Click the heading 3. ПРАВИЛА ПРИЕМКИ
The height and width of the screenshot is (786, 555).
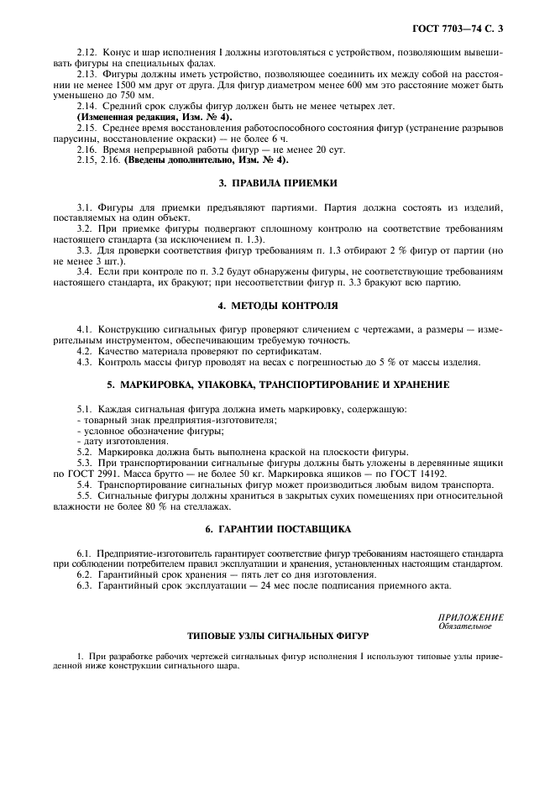point(277,182)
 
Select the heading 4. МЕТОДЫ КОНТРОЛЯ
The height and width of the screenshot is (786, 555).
point(277,306)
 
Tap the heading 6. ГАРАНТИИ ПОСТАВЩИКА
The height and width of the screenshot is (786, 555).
point(277,530)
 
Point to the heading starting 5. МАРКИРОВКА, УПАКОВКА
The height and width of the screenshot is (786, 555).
point(277,384)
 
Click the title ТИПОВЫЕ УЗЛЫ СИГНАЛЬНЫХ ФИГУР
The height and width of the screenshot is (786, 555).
point(277,636)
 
